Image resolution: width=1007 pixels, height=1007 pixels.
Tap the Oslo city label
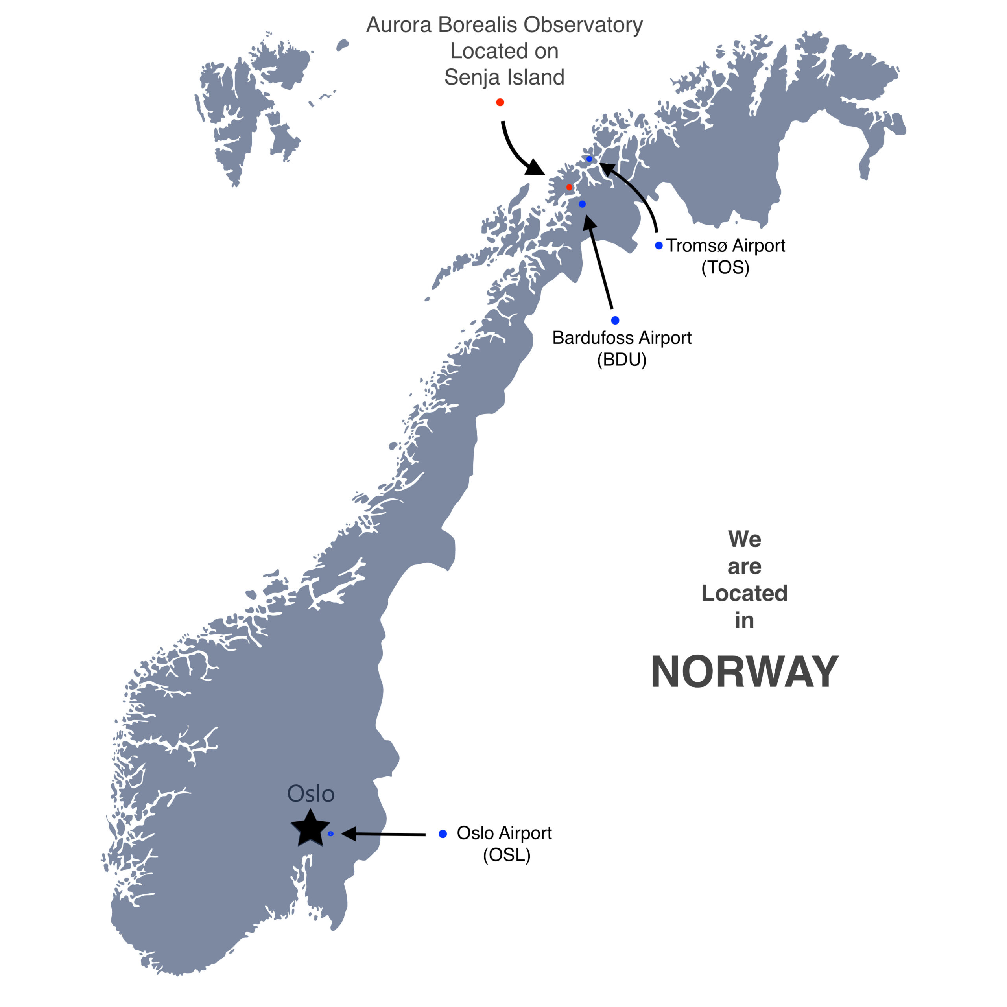point(311,794)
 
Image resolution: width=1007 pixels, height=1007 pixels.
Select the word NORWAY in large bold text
point(744,672)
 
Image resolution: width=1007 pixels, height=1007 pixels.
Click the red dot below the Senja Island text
point(500,102)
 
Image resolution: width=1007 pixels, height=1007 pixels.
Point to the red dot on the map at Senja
point(569,187)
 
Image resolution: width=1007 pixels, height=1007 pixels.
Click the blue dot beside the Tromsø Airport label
point(659,245)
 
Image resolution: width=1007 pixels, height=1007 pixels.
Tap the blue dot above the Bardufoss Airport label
point(615,320)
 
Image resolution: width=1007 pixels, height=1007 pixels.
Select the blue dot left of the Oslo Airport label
point(443,834)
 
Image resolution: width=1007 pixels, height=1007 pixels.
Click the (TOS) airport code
point(725,268)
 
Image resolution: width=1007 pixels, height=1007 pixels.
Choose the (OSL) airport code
point(506,855)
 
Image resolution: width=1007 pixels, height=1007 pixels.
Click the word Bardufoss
point(593,338)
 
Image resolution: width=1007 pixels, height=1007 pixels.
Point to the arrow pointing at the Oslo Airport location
point(383,834)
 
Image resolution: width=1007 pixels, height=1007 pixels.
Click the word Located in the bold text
point(744,593)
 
